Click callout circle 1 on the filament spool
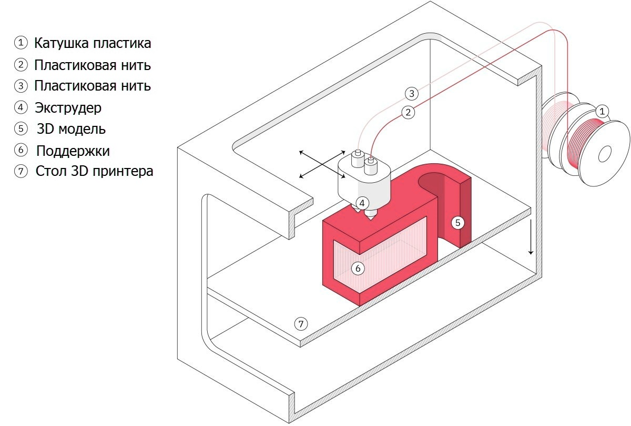603,111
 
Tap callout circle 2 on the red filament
408,112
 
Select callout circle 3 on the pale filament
412,94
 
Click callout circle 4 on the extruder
362,202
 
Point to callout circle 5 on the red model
457,222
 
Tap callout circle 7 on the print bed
301,323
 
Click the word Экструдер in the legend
68,107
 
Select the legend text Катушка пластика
93,43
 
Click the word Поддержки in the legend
73,151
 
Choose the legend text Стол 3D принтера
94,172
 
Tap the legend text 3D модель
71,129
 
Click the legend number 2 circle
20,65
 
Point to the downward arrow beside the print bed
531,237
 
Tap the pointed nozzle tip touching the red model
371,216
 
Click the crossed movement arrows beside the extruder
320,164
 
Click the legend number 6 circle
20,150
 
